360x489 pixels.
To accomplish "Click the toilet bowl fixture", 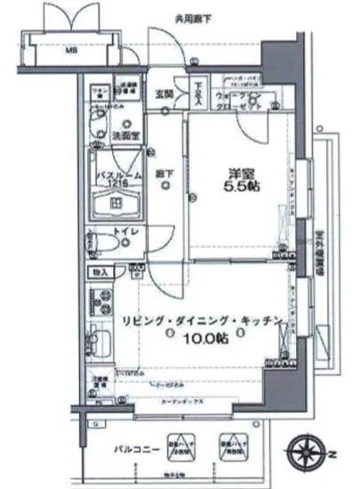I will click(100, 242).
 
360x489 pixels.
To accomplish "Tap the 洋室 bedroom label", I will click(234, 174).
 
